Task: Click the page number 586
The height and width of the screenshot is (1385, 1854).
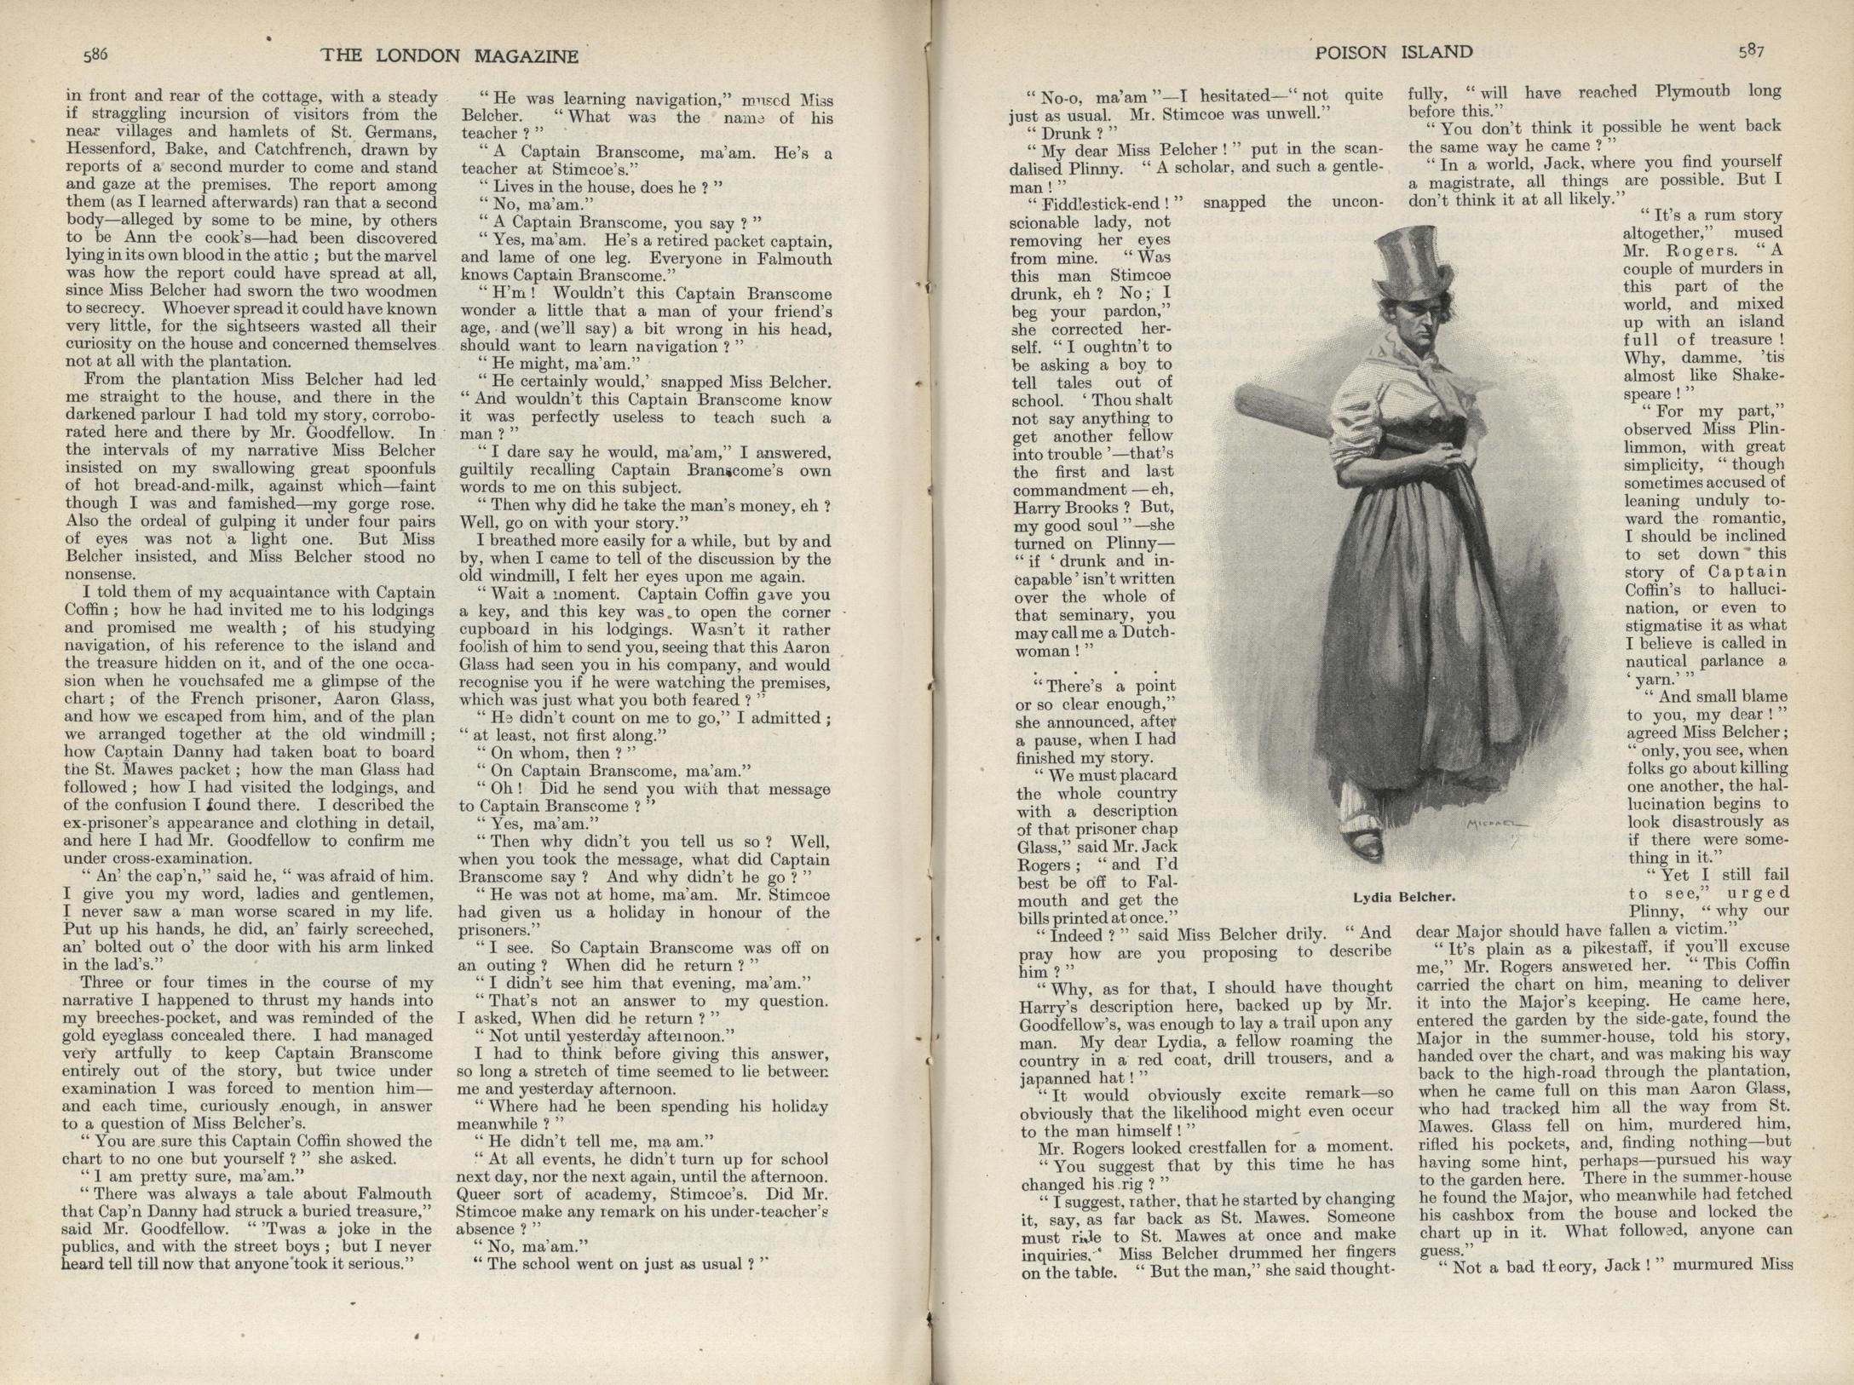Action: point(95,55)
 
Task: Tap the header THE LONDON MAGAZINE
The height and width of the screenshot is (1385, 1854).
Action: point(449,56)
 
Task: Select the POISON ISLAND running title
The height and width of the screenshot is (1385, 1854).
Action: point(1394,52)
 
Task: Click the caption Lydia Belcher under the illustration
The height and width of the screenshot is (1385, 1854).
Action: point(1403,897)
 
